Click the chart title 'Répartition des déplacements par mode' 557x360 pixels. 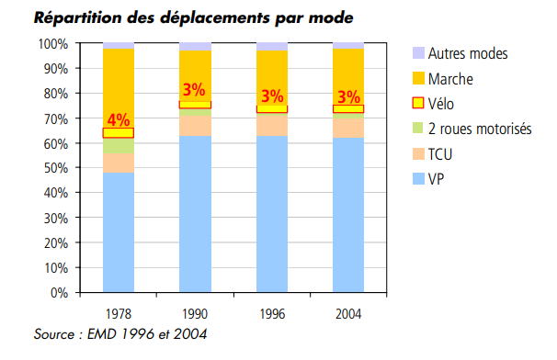click(x=180, y=17)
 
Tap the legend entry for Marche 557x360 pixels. click(x=450, y=79)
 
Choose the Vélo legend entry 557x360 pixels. click(x=444, y=104)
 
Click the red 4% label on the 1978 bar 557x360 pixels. click(x=119, y=119)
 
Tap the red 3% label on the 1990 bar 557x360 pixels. click(x=194, y=90)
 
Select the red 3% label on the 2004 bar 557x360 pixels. click(x=348, y=96)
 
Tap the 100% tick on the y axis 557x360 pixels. click(x=52, y=44)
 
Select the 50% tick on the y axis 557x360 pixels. click(x=55, y=168)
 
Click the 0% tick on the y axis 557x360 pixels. click(x=59, y=293)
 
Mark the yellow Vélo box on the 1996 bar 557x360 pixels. click(x=272, y=108)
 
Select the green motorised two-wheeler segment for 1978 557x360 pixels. click(x=119, y=146)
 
